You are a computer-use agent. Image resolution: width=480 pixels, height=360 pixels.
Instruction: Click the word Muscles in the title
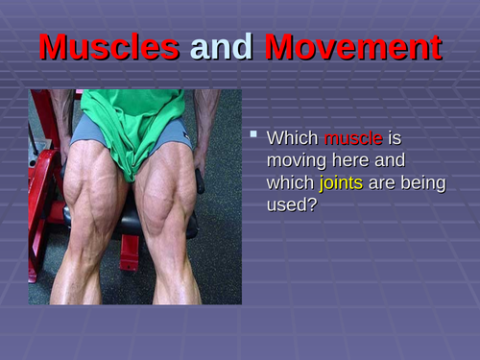(x=108, y=47)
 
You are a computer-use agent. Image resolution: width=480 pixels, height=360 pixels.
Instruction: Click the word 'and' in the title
(x=222, y=47)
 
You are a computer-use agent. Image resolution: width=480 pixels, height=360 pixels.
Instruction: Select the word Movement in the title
(x=353, y=47)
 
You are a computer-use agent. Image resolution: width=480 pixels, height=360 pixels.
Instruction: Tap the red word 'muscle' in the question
(x=352, y=139)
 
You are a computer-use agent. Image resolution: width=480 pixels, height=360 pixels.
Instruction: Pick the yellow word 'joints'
(x=341, y=182)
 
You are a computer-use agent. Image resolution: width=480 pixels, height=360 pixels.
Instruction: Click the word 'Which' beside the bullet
(x=293, y=139)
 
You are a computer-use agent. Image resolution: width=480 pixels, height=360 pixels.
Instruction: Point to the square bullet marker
(x=253, y=135)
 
